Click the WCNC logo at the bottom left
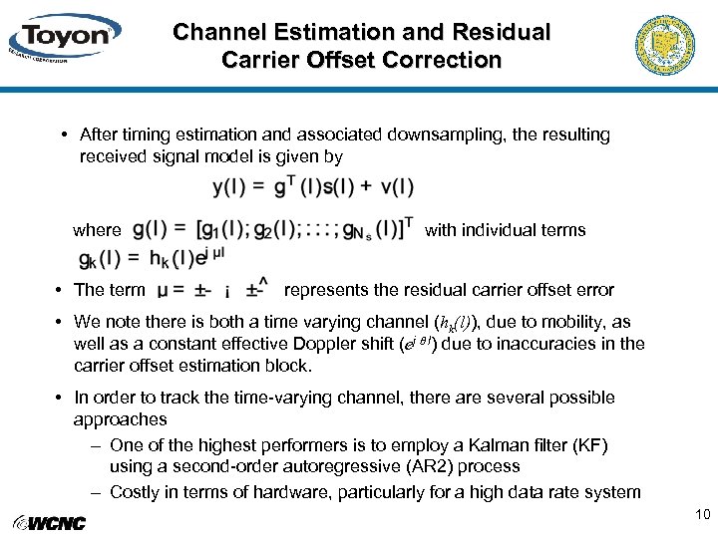[x=50, y=522]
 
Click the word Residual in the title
[x=503, y=32]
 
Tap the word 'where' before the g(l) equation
[x=97, y=230]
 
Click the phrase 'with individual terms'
[x=505, y=230]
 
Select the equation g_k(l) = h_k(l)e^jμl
[x=152, y=258]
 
